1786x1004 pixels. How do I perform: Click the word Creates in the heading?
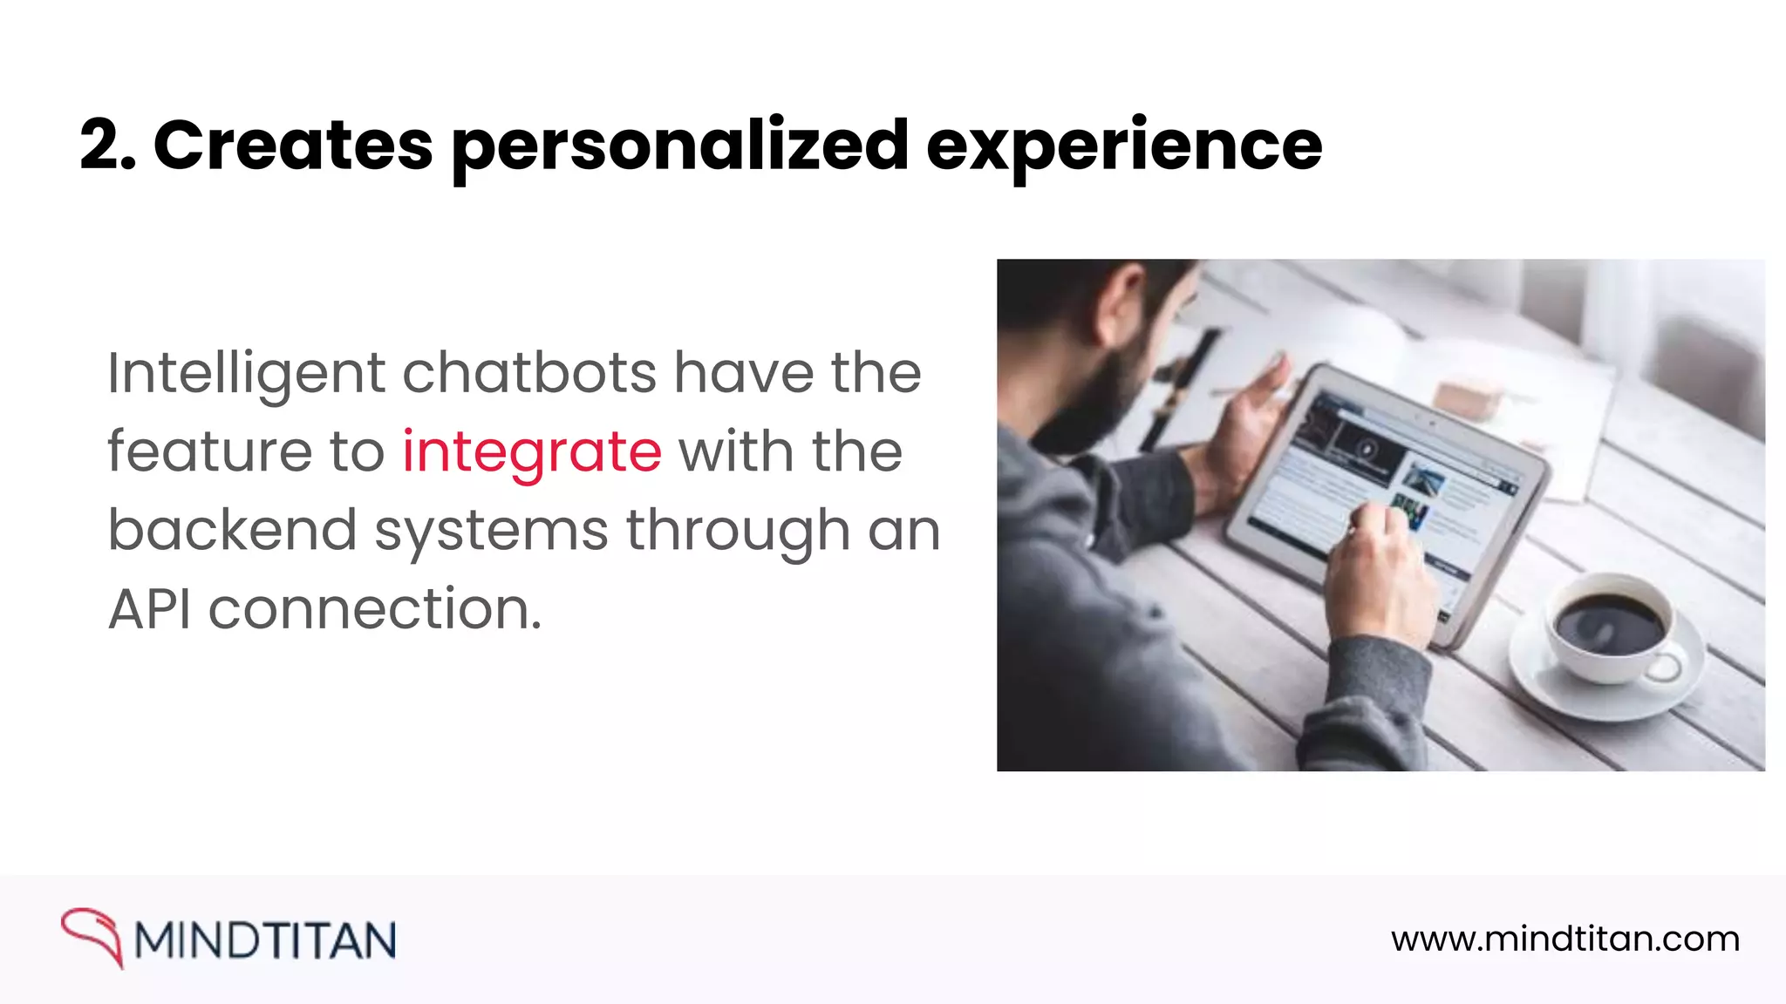(x=293, y=146)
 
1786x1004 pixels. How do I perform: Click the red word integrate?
(x=531, y=451)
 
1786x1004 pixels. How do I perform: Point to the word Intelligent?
(x=246, y=373)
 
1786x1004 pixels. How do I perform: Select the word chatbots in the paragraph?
(x=529, y=373)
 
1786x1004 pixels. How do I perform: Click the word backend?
(x=232, y=530)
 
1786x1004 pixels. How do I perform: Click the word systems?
(x=491, y=530)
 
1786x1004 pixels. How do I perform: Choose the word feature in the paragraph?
(x=209, y=451)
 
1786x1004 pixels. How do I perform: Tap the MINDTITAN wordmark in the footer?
(x=265, y=940)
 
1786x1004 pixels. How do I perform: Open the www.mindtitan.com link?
(x=1565, y=940)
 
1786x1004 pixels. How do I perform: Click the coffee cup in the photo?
(x=1609, y=627)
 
